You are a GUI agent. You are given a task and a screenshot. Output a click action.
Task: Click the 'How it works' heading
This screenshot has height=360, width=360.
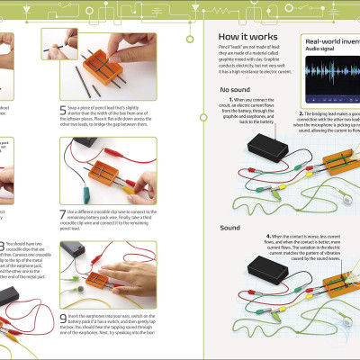(250, 37)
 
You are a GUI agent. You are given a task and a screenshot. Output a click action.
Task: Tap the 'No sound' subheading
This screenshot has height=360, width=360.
(235, 90)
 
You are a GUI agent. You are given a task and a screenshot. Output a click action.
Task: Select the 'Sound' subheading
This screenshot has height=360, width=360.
(229, 228)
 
